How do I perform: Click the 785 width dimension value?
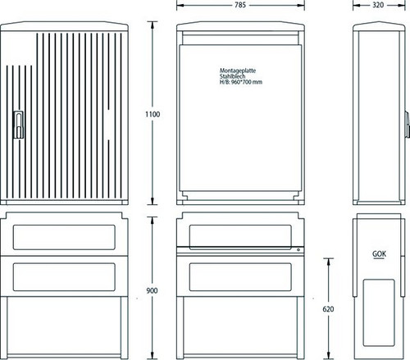pyautogui.click(x=240, y=5)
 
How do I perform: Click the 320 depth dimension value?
pyautogui.click(x=378, y=5)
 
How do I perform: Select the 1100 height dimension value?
pyautogui.click(x=153, y=114)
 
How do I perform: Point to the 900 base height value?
pyautogui.click(x=152, y=290)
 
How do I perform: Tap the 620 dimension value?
pyautogui.click(x=328, y=309)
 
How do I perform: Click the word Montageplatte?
pyautogui.click(x=238, y=71)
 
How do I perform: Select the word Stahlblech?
pyautogui.click(x=232, y=76)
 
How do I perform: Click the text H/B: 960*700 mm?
pyautogui.click(x=241, y=82)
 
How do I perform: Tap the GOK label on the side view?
pyautogui.click(x=380, y=254)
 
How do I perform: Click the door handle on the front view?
pyautogui.click(x=18, y=125)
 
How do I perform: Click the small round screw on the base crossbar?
pyautogui.click(x=298, y=250)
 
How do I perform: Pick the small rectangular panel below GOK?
pyautogui.click(x=379, y=312)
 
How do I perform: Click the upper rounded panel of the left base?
pyautogui.click(x=64, y=237)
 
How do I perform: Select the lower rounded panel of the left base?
pyautogui.click(x=64, y=277)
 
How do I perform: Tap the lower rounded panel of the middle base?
pyautogui.click(x=240, y=277)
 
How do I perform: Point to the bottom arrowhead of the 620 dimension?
pyautogui.click(x=328, y=355)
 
